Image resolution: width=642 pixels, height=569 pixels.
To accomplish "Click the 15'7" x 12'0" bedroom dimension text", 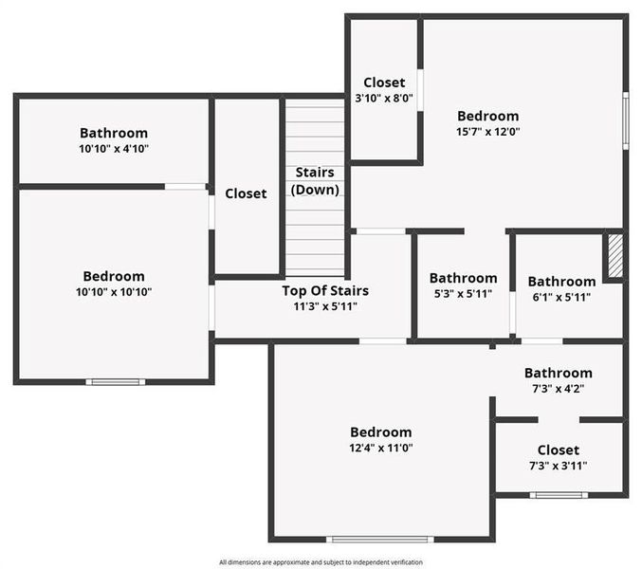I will point(487,132).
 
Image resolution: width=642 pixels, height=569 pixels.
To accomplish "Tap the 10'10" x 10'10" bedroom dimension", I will point(114,292).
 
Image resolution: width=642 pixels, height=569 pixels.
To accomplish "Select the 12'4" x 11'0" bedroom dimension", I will point(380,448).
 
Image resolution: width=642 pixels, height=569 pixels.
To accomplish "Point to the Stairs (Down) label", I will point(315,181).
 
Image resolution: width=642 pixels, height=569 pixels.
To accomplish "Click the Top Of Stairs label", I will point(325,291).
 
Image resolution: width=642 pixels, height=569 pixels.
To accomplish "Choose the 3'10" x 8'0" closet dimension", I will point(384,98).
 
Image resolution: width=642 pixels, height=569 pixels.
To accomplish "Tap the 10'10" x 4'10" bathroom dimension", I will point(114,149).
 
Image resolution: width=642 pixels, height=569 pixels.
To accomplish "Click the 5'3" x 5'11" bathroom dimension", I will point(463,294).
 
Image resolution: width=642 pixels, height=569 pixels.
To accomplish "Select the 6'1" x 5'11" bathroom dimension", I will point(561,297).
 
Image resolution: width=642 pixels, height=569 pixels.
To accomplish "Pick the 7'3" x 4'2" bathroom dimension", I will point(558,389).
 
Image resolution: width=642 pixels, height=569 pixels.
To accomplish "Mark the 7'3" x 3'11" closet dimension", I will point(558,466).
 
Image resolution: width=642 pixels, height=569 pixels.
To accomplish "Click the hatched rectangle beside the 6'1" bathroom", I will point(614,256).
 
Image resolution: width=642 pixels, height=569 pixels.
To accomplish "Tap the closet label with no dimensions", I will point(246,193).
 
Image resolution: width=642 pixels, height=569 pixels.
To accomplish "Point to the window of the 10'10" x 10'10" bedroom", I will point(116,381).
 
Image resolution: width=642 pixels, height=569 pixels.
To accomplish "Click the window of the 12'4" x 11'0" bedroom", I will point(380,540).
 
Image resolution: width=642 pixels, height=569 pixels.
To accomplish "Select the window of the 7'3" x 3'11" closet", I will point(558,494).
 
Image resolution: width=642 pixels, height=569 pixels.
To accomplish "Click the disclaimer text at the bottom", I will point(321,561).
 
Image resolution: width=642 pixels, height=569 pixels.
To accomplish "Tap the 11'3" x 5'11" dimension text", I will point(325,306).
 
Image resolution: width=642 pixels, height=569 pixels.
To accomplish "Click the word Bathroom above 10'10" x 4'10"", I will point(114,134).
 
